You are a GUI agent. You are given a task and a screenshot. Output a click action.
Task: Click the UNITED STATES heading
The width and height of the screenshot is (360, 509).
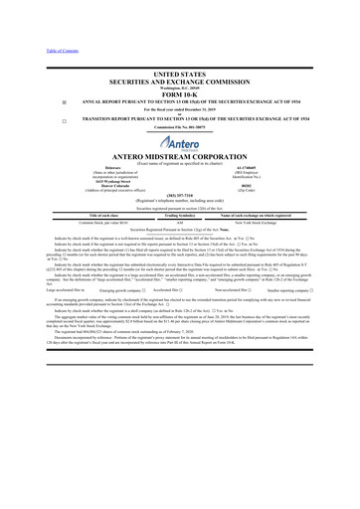[x=179, y=75]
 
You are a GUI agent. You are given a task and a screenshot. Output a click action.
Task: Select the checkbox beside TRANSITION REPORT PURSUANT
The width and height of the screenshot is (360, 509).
[x=36, y=120]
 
